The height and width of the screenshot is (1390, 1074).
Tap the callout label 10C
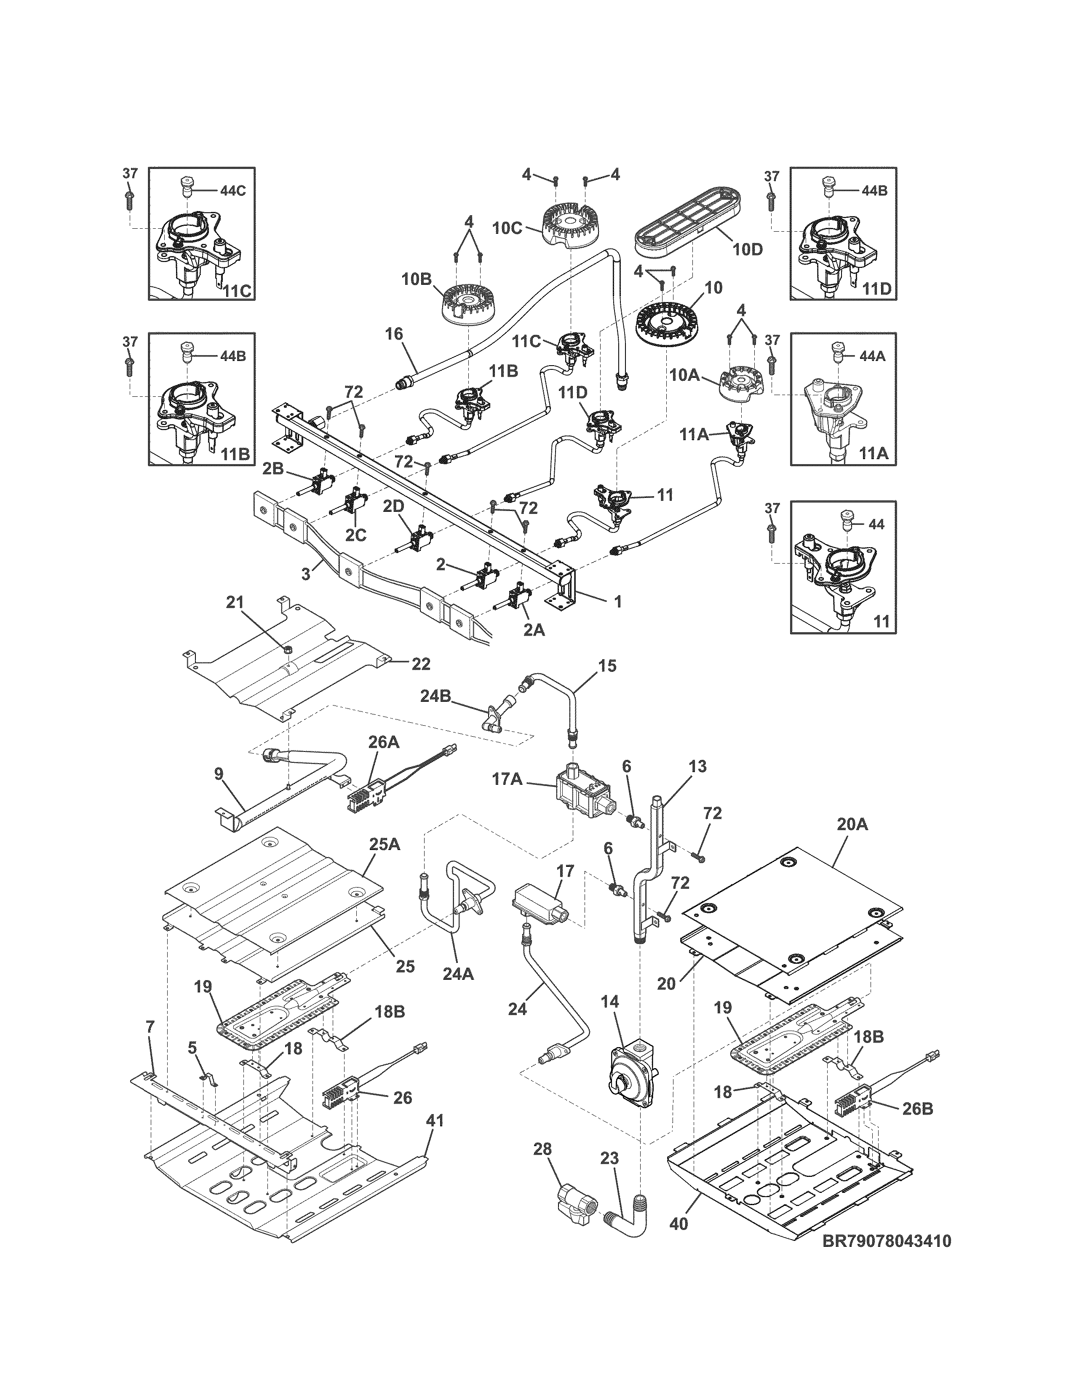point(507,228)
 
